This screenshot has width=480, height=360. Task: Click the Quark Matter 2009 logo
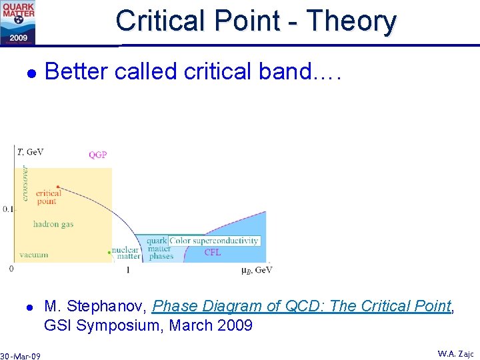pos(18,22)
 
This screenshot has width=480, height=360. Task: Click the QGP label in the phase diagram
pos(98,155)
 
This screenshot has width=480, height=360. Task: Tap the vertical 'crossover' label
pos(24,182)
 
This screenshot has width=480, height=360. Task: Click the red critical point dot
pos(59,187)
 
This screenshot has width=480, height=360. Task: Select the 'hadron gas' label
pos(53,225)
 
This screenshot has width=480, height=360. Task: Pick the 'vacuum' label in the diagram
pos(33,255)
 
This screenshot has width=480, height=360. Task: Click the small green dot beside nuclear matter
pos(109,252)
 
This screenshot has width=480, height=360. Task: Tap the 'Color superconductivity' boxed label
pos(214,241)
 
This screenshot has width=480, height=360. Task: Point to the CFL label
pos(212,253)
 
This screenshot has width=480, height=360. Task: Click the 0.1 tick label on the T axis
pos(7,209)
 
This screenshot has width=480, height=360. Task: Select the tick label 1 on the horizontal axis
pos(127,270)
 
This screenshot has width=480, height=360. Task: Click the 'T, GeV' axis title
pos(30,152)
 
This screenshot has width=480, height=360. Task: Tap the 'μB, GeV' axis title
pos(256,270)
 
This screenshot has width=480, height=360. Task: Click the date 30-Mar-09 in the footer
pos(21,356)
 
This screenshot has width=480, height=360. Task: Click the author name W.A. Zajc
pos(455,353)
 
